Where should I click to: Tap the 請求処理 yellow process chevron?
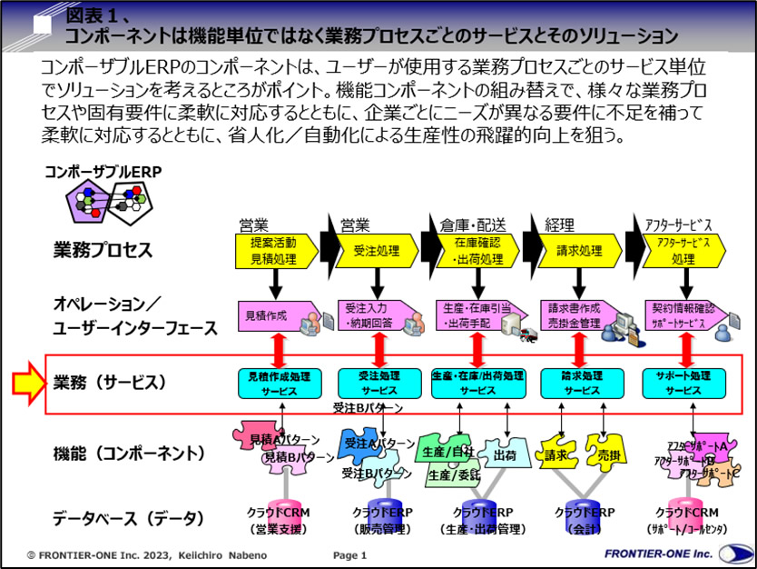(574, 251)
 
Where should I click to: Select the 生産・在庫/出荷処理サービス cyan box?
(477, 383)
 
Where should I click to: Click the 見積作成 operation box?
(270, 316)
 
